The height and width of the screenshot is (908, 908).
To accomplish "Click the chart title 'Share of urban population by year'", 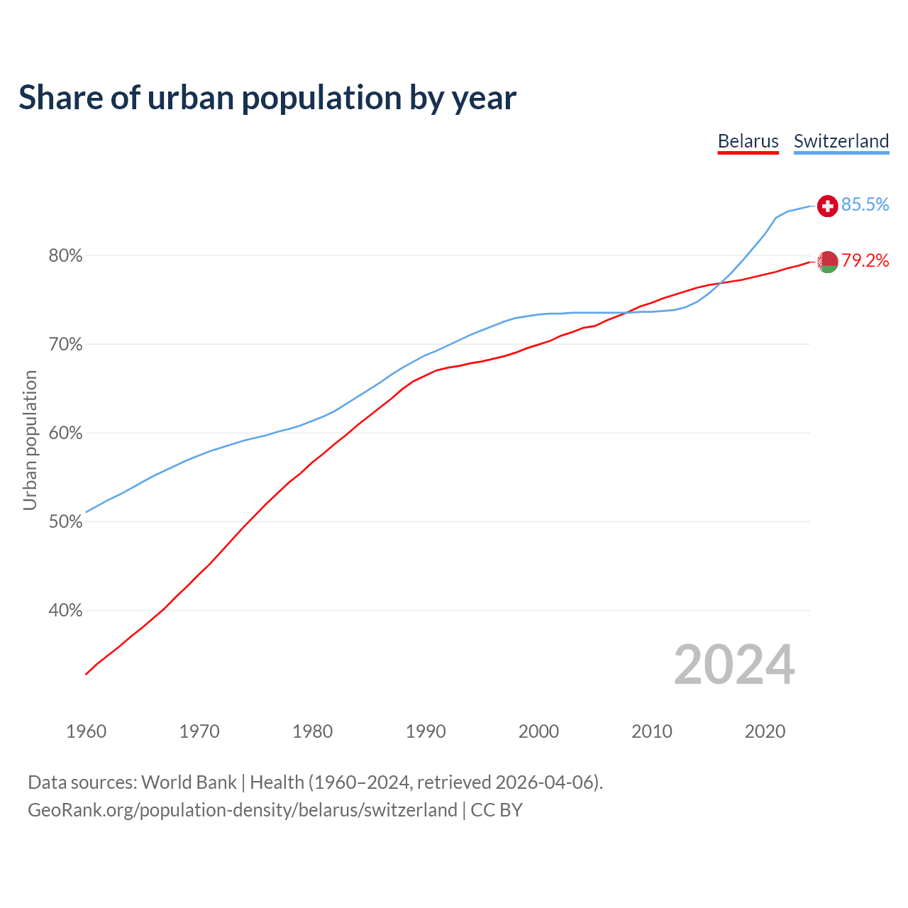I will click(x=267, y=98).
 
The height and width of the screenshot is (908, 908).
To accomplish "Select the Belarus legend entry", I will click(x=748, y=141).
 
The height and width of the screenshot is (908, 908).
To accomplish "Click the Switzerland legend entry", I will click(x=841, y=141).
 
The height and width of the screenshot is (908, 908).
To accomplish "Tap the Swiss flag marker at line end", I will click(x=827, y=206).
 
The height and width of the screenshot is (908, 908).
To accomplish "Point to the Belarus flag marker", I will click(x=827, y=262).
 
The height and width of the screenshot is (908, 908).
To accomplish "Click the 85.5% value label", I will click(x=865, y=205).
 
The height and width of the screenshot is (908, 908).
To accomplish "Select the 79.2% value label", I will click(x=865, y=261).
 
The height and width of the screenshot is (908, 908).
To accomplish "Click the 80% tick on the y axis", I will click(x=65, y=256).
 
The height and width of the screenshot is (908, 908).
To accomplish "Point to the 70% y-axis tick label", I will click(x=65, y=345).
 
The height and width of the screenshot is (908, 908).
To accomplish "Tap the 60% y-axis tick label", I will click(x=65, y=433).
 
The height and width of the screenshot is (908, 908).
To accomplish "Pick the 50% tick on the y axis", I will click(x=65, y=522).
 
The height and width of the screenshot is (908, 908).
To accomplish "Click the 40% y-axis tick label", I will click(x=65, y=611).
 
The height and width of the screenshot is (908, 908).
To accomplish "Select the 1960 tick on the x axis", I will click(x=87, y=731).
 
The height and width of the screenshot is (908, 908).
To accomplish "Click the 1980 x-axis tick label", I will click(x=313, y=731).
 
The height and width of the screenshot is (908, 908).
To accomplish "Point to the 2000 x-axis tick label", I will click(x=539, y=731).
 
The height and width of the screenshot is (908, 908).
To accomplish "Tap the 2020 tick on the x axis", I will click(x=765, y=731).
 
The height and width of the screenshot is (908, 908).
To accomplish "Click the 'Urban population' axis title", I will click(x=30, y=440).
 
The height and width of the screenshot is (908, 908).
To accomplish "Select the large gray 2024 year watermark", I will click(x=734, y=665).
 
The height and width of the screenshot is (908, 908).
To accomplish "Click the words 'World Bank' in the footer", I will click(x=189, y=782).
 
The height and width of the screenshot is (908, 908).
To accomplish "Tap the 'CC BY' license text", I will click(x=497, y=810).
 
